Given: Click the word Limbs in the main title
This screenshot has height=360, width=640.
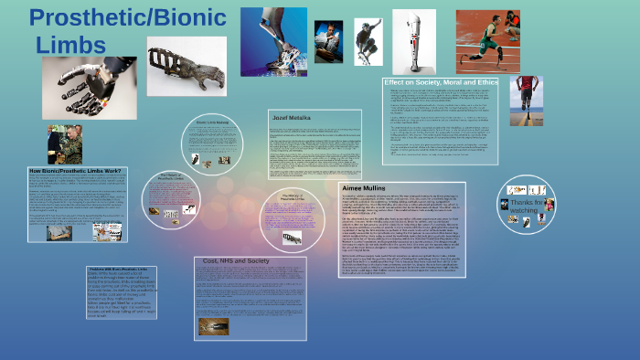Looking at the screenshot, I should point(71,43).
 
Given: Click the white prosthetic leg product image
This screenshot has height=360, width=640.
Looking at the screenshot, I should point(413,41).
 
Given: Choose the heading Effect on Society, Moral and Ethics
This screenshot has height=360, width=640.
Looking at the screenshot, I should point(440,83).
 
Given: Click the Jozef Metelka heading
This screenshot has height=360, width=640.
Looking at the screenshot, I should point(293,117).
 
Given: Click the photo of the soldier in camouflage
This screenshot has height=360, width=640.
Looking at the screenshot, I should point(65,144).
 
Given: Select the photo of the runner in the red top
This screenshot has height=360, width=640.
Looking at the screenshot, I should point(526,101).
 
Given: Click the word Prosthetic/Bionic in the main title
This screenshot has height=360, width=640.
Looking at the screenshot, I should point(127,17).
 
